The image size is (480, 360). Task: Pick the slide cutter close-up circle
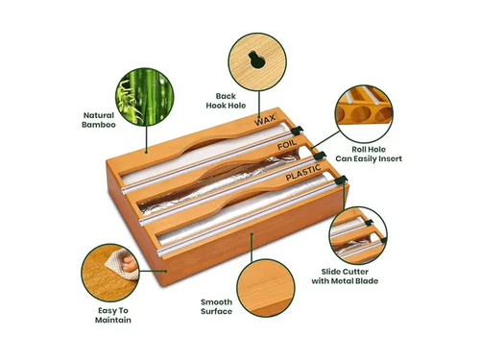tap(358, 236)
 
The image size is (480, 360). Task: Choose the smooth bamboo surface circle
tap(265, 287)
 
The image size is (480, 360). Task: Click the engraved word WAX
tap(265, 122)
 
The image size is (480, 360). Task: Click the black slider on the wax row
tap(297, 130)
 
